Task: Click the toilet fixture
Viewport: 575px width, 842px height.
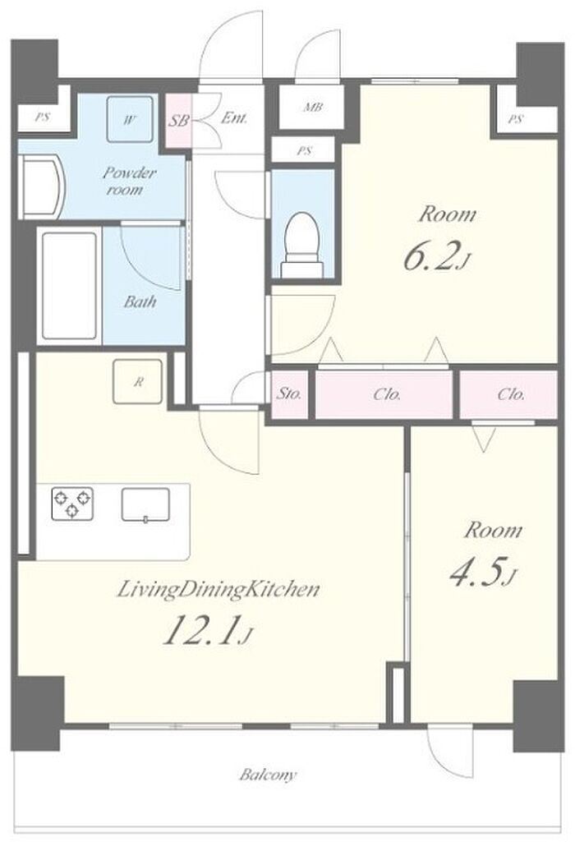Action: click(302, 244)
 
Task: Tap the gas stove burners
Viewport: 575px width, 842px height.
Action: click(72, 504)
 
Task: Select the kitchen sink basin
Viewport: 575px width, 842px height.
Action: click(145, 504)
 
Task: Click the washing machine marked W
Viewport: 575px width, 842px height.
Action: click(128, 119)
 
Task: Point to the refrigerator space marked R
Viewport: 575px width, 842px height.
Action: click(137, 381)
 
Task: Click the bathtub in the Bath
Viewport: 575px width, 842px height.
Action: click(69, 286)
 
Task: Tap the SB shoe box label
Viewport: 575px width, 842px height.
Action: click(177, 120)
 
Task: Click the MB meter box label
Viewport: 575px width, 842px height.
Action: click(313, 108)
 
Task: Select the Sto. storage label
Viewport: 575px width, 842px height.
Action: click(289, 394)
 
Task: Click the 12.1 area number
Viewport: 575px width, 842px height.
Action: click(200, 630)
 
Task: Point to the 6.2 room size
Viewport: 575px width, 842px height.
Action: click(430, 255)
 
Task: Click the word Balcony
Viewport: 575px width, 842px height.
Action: click(268, 775)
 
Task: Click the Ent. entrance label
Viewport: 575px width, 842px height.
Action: click(234, 117)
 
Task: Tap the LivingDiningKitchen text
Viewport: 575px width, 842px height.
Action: click(218, 590)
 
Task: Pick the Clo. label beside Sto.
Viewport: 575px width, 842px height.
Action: click(387, 394)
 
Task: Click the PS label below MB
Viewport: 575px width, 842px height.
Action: click(304, 151)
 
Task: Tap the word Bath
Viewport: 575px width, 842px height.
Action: click(140, 301)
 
